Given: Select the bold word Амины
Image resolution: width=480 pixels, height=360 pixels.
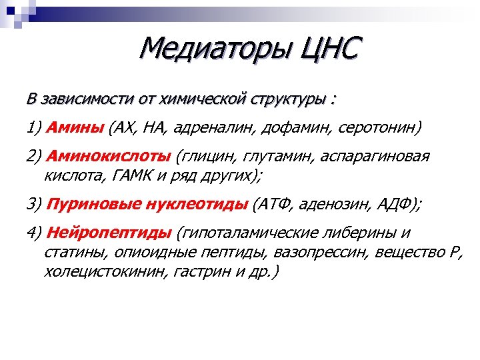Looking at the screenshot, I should (77, 127).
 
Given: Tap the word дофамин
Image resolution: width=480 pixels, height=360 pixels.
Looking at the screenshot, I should (303, 127).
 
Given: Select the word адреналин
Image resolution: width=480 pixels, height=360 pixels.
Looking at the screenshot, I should (225, 127).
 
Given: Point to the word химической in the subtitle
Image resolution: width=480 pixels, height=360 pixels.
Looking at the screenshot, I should (199, 99).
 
